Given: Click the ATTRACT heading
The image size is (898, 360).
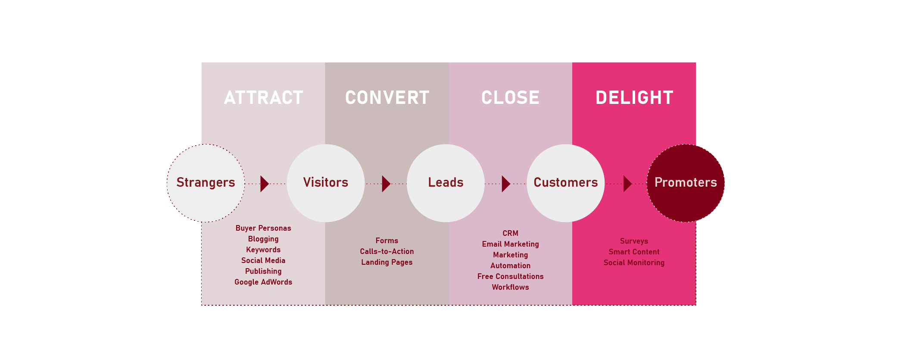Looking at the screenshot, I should (x=263, y=97).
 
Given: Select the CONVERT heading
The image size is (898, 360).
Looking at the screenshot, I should (x=387, y=97).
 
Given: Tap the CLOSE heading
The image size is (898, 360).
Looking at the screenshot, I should (x=510, y=97).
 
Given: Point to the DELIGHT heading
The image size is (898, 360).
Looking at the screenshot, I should (x=634, y=97).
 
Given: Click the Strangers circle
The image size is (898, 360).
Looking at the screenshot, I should (x=206, y=183).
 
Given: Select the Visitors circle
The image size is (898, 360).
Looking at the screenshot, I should (x=326, y=183).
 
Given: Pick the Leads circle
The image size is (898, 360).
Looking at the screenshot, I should (x=446, y=183).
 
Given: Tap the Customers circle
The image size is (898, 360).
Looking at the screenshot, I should (x=565, y=183).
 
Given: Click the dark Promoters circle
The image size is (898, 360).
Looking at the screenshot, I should (x=686, y=183).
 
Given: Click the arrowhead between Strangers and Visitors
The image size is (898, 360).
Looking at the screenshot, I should (x=264, y=184).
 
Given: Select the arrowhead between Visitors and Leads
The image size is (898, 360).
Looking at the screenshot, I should (x=386, y=184).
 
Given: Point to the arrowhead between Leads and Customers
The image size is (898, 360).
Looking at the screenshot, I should (x=505, y=184).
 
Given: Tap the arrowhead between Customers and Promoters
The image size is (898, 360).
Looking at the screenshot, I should (x=627, y=184).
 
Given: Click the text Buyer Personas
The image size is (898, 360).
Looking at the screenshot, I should (x=263, y=228).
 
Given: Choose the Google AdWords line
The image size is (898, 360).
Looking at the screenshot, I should (x=263, y=282).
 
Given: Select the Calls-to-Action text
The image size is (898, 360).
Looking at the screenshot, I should (x=387, y=251).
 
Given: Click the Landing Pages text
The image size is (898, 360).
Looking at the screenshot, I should (x=387, y=262).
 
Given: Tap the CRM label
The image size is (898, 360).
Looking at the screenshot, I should (x=510, y=233).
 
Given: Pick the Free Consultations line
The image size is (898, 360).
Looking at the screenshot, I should (x=510, y=276).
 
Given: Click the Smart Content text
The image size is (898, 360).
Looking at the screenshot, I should (x=634, y=252).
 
